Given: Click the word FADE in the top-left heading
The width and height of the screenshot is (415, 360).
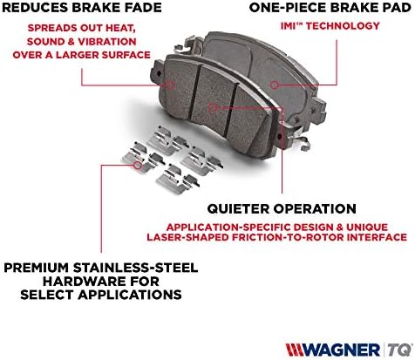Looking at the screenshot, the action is click(x=143, y=8).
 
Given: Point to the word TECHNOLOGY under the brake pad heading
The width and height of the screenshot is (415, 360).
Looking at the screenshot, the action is click(x=343, y=26).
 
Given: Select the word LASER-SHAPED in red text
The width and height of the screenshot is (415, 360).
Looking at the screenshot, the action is click(x=187, y=237).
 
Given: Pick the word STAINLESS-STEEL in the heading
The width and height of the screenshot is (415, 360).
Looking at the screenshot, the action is click(x=135, y=268).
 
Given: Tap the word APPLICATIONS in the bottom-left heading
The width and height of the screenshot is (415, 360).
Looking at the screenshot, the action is click(x=130, y=295).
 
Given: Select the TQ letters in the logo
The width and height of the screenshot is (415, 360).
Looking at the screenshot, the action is click(x=400, y=350).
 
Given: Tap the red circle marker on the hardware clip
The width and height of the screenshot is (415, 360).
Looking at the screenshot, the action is click(x=138, y=165).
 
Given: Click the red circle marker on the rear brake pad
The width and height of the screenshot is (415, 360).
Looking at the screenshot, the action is click(x=274, y=85).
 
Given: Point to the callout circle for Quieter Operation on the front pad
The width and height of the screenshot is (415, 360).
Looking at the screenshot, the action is click(x=213, y=107).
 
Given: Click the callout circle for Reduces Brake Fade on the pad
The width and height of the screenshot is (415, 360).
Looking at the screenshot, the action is click(x=171, y=85).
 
